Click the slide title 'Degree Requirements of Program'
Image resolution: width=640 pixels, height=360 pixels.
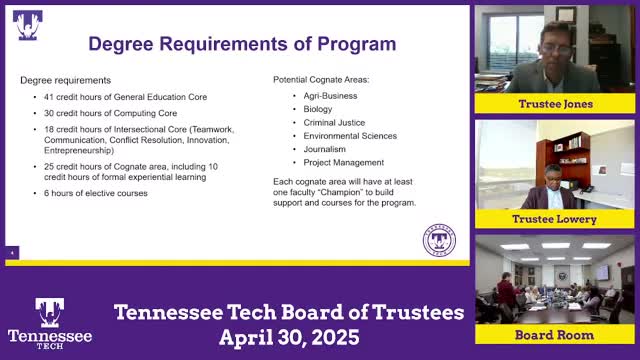pos(242,44)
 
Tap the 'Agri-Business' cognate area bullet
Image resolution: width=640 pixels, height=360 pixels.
pos(331,96)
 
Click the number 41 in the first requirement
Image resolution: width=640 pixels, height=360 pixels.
pos(48,97)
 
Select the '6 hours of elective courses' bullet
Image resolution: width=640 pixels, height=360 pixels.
pos(95,193)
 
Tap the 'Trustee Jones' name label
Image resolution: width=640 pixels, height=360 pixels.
pos(555,104)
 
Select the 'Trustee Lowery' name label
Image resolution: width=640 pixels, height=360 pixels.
pos(555,219)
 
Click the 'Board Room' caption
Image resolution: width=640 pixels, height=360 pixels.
pos(555,334)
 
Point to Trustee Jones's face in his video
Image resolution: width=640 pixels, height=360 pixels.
pos(556,42)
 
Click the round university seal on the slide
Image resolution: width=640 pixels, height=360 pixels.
pos(439,241)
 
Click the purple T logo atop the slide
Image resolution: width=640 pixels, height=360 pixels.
pos(27,24)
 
